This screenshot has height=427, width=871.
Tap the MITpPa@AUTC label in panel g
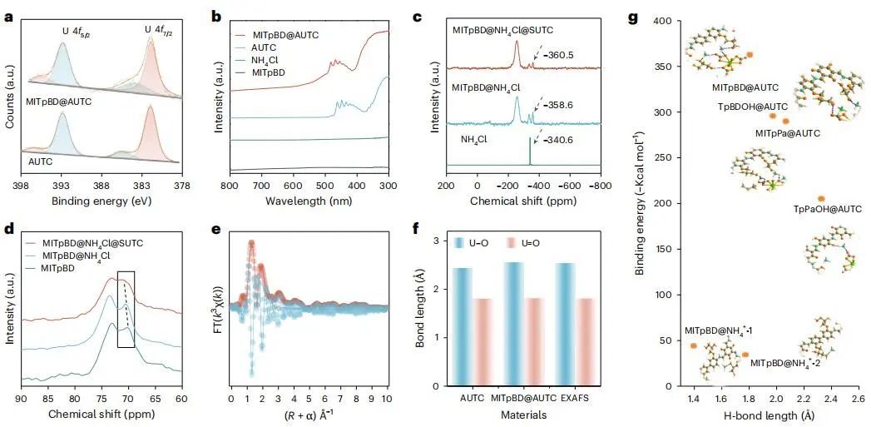pos(787,133)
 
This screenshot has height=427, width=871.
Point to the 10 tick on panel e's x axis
pos(386,400)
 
